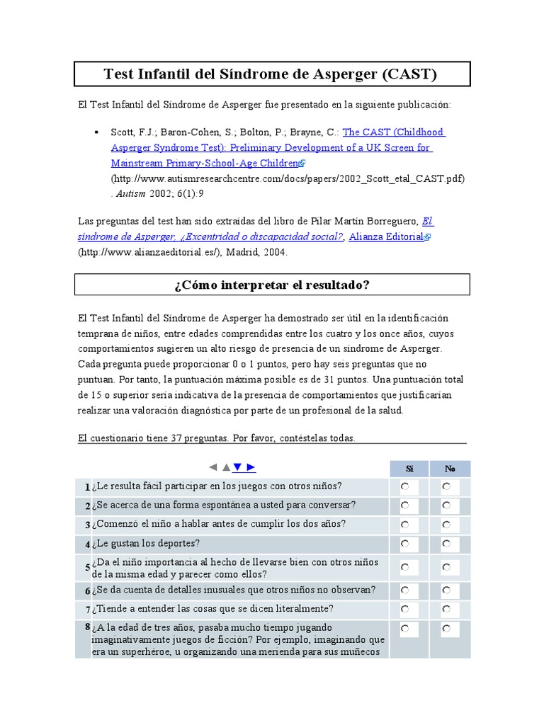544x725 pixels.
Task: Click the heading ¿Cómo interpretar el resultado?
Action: [x=272, y=285]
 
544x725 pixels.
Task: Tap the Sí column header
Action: [x=409, y=469]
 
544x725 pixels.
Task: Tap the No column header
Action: [x=450, y=469]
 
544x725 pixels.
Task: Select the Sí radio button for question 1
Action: [x=404, y=487]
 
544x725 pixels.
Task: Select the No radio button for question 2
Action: [x=446, y=506]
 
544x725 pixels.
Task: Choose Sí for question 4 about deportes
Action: [x=404, y=544]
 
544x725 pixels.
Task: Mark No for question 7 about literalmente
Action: [x=446, y=609]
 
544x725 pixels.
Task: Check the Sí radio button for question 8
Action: [x=404, y=629]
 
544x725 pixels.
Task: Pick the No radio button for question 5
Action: [x=446, y=568]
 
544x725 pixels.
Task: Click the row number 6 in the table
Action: [x=87, y=591]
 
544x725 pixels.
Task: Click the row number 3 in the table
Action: [x=87, y=525]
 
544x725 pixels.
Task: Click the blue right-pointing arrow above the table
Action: [x=251, y=467]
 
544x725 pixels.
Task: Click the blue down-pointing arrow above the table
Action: [x=238, y=467]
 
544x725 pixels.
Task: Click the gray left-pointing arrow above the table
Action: [x=212, y=467]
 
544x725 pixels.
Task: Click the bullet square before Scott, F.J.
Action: [x=96, y=132]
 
